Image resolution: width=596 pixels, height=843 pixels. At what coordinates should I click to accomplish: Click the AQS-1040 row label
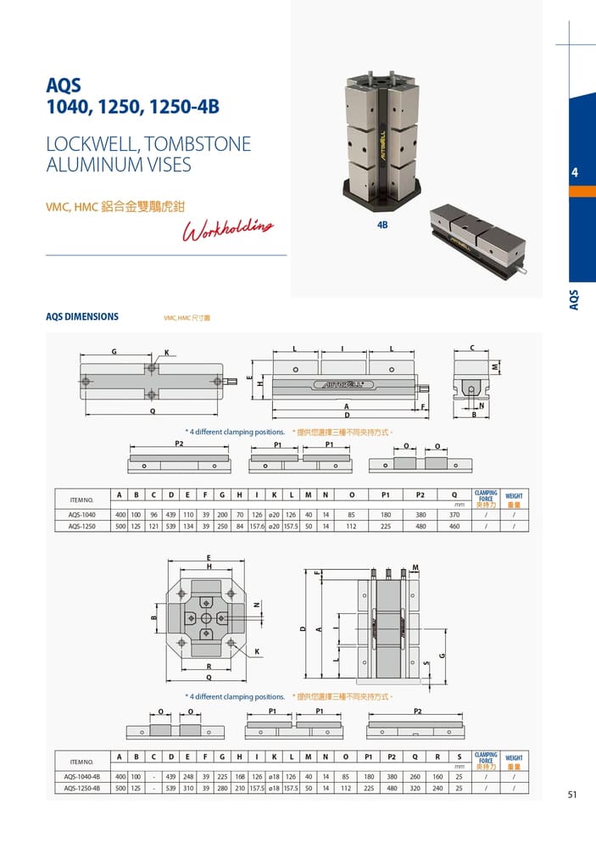click(82, 515)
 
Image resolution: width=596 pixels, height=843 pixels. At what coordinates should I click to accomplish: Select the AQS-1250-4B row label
click(82, 788)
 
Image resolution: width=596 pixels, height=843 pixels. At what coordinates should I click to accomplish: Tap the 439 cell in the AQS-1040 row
click(170, 515)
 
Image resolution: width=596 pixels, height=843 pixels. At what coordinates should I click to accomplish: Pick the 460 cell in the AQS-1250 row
click(454, 526)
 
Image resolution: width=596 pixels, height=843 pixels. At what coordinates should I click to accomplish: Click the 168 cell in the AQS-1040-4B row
click(240, 777)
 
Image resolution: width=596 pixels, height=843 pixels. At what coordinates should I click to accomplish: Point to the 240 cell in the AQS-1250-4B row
click(437, 788)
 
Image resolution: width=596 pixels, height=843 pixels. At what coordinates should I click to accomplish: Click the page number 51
click(572, 795)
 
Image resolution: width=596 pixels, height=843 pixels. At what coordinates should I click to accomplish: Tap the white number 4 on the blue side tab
click(575, 173)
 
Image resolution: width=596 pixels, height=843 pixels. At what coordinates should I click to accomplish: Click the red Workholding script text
click(229, 229)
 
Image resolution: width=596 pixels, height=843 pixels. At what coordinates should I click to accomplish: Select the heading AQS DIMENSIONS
click(82, 317)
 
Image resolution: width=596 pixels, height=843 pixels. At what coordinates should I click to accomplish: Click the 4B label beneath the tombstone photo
click(382, 225)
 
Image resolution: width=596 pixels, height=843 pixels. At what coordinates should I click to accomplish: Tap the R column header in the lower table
click(437, 756)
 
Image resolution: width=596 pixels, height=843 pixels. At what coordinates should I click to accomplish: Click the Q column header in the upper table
click(454, 494)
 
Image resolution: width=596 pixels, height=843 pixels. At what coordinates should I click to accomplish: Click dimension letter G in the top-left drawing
click(114, 352)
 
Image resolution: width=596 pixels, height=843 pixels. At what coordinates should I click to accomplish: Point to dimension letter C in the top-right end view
click(472, 348)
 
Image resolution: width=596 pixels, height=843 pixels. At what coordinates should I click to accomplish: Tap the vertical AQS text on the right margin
click(574, 299)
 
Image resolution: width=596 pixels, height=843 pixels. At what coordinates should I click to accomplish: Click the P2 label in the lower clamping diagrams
click(417, 711)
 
